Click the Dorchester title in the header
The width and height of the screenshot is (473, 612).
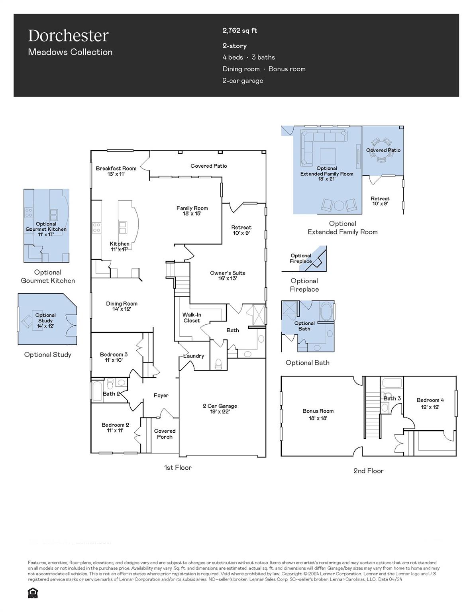click(x=68, y=36)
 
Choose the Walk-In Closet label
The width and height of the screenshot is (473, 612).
click(x=192, y=318)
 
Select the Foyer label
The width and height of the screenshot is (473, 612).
click(x=161, y=395)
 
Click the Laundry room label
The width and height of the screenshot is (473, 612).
click(x=194, y=356)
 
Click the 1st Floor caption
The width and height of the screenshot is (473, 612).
click(x=178, y=467)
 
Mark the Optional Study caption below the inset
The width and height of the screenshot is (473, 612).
click(x=47, y=355)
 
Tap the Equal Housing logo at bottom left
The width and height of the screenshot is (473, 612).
click(x=33, y=593)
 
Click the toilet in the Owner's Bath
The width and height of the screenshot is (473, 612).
click(x=218, y=363)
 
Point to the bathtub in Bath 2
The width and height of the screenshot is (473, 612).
click(x=97, y=391)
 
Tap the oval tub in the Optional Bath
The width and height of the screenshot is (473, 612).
click(x=326, y=311)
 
